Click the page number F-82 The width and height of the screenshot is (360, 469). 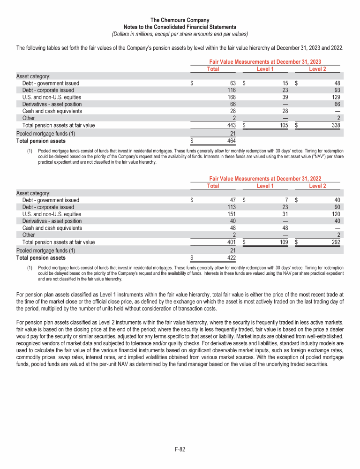tap(180, 449)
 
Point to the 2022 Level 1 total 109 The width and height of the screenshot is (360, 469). tap(282, 242)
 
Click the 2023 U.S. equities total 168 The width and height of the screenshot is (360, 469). tap(230, 97)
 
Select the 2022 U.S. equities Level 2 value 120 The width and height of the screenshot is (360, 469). tap(334, 214)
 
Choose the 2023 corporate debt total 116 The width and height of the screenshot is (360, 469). tap(230, 90)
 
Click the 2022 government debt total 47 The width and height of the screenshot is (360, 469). tap(231, 200)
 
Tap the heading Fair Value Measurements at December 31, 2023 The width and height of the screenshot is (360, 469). tap(265, 62)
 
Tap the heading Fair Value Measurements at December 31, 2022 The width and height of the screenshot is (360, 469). tap(265, 179)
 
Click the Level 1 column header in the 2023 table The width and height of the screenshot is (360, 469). tap(265, 69)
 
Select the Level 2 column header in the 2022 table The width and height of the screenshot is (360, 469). tap(317, 186)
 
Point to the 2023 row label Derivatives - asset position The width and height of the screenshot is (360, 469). tap(52, 104)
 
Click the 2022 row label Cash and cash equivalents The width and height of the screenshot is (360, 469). tap(52, 228)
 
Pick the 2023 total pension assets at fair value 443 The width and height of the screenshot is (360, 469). tap(230, 125)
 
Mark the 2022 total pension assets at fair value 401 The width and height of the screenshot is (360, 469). tap(230, 242)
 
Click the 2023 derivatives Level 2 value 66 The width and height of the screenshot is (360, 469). tap(336, 104)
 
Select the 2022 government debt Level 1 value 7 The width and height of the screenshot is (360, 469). tap(285, 200)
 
